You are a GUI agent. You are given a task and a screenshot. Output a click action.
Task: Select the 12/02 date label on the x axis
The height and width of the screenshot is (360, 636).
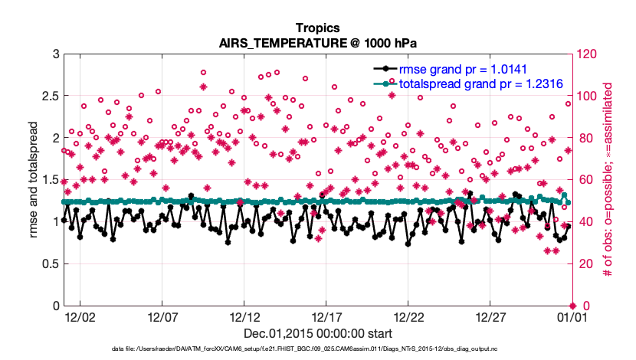[x=80, y=317]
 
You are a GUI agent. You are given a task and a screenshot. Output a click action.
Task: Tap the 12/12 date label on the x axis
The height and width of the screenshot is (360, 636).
[x=244, y=317]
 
